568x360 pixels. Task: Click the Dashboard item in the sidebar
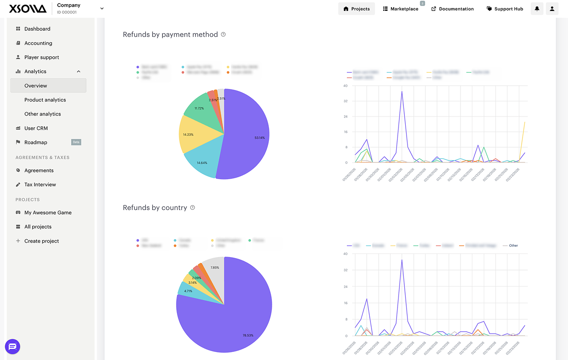pos(37,29)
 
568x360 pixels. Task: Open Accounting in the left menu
pos(38,43)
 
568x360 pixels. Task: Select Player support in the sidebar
pos(42,57)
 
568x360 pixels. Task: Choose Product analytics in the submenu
pos(45,100)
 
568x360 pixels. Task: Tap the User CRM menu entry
pos(36,128)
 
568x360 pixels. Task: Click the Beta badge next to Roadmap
pos(76,142)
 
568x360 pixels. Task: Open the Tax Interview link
pos(40,185)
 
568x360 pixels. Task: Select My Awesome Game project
pos(48,213)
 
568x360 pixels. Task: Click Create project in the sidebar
pos(42,241)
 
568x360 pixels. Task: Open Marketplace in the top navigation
pos(400,9)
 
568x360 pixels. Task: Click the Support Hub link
pos(505,9)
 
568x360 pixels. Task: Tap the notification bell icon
pos(537,9)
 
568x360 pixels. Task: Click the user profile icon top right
pos(552,9)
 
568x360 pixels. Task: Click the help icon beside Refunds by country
pos(193,207)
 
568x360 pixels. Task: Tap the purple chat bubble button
pos(13,346)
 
